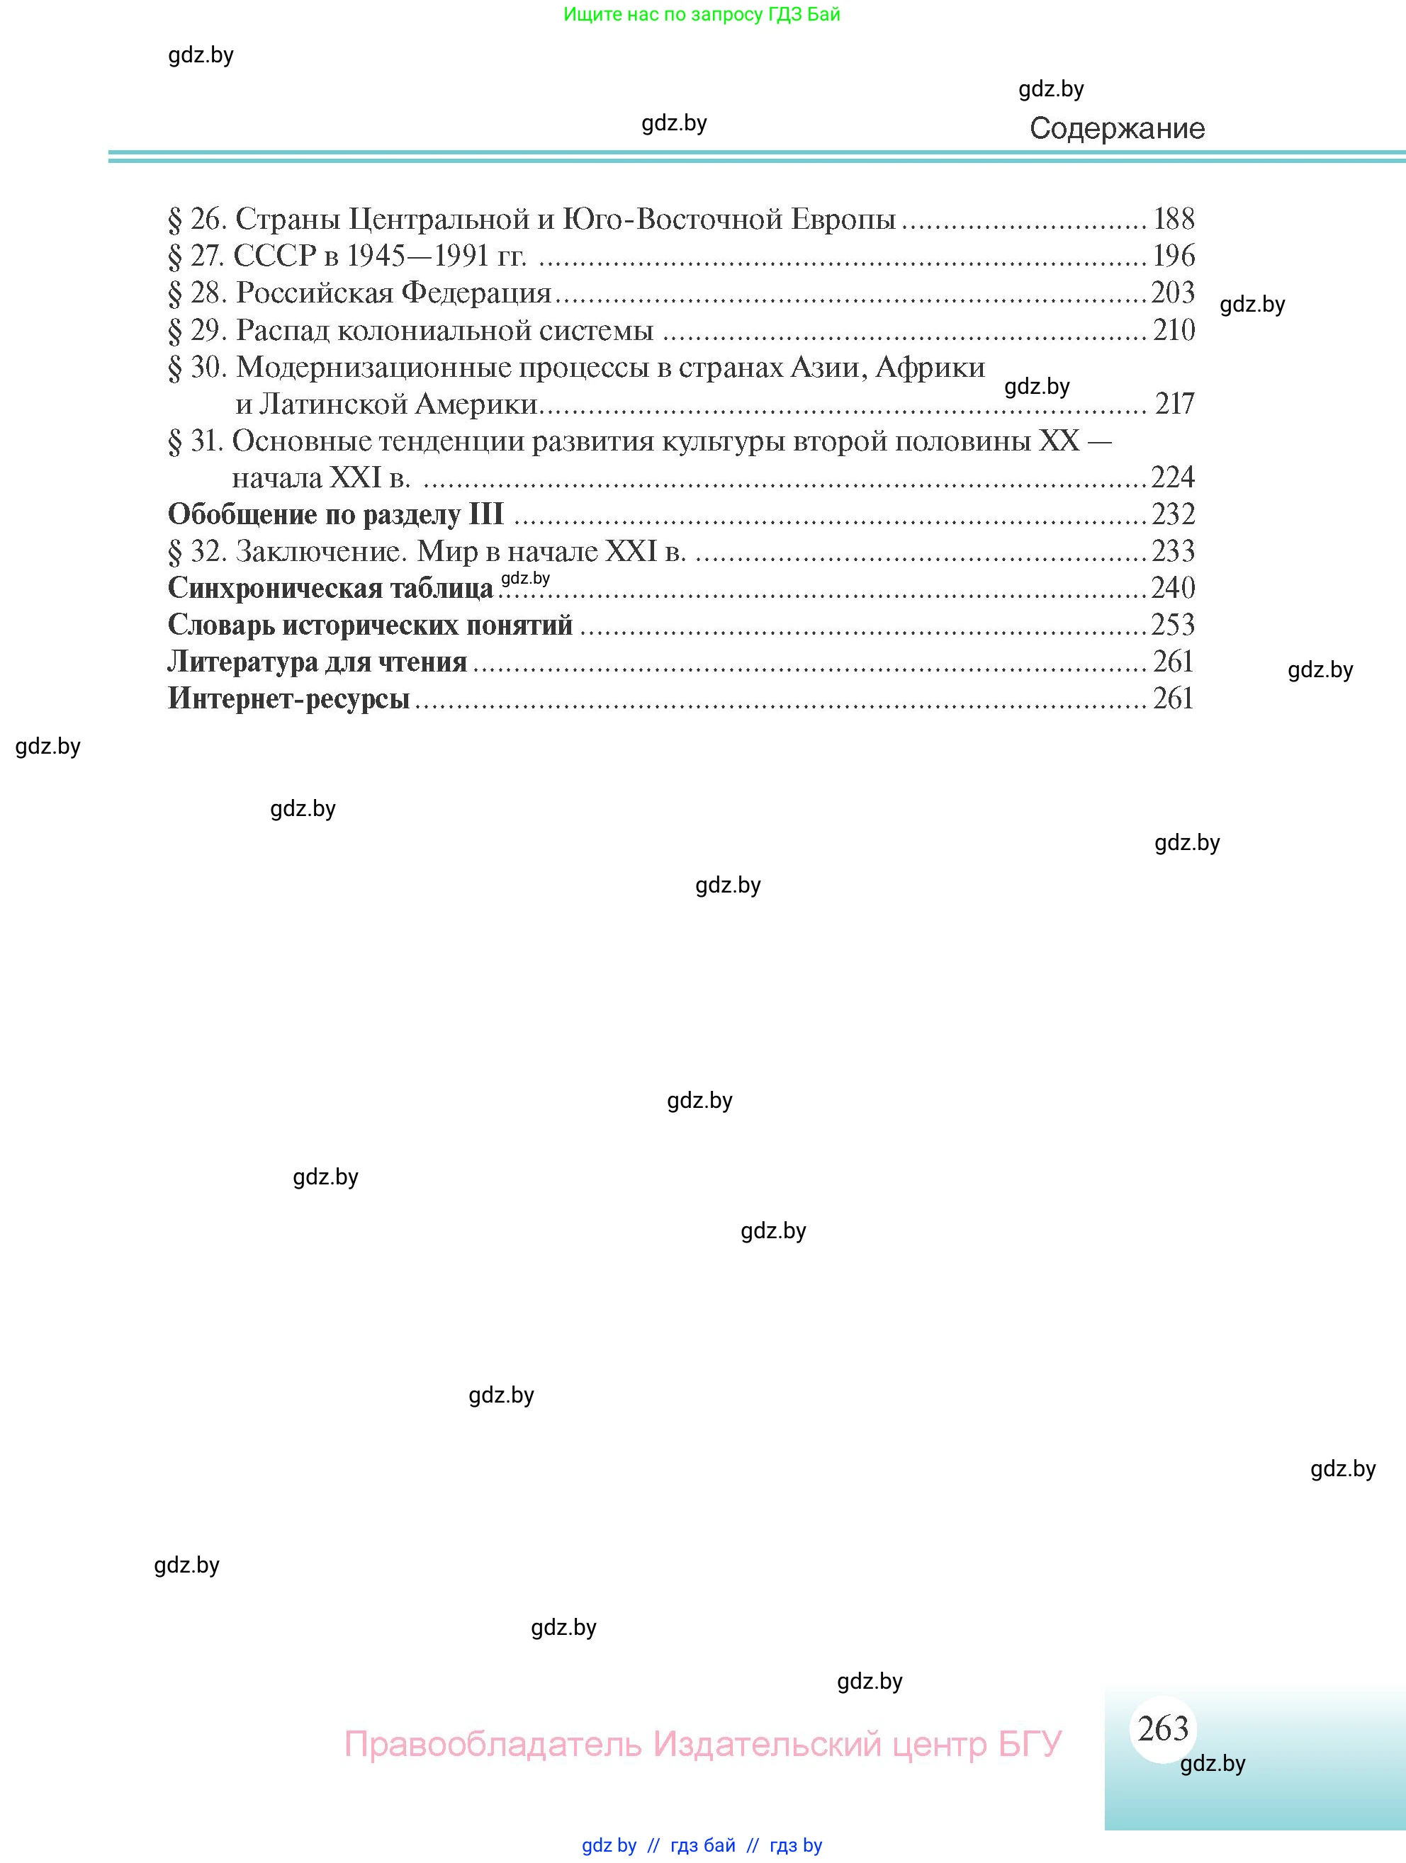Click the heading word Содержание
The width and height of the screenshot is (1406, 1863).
click(x=1117, y=129)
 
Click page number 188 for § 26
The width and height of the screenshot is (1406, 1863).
click(x=1174, y=219)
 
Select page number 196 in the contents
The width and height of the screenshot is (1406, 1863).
click(x=1174, y=256)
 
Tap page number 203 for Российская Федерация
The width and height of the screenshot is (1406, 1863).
click(x=1173, y=293)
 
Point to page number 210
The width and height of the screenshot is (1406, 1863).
click(x=1174, y=330)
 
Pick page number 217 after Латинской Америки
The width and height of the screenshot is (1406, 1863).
click(x=1174, y=404)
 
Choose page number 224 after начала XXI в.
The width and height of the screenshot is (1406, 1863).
click(x=1173, y=477)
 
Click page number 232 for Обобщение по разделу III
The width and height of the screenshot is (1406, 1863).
click(x=1173, y=514)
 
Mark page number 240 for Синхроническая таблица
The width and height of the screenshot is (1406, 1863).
click(x=1173, y=588)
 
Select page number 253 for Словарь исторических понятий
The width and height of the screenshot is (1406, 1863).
click(x=1173, y=625)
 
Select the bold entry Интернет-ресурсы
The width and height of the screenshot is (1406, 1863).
click(x=288, y=699)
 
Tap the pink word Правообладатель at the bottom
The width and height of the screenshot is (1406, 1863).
click(x=493, y=1743)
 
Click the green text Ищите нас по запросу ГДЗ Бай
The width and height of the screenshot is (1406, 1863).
click(x=702, y=14)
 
